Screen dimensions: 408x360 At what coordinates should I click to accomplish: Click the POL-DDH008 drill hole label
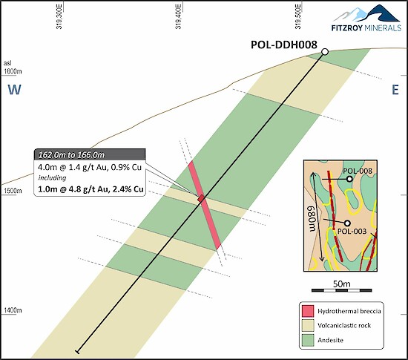pyautogui.click(x=284, y=45)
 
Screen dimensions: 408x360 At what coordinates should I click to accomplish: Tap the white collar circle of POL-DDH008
pyautogui.click(x=325, y=52)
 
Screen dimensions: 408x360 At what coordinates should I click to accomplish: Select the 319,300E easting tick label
pyautogui.click(x=59, y=16)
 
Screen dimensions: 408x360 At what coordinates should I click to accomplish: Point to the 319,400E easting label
pyautogui.click(x=178, y=16)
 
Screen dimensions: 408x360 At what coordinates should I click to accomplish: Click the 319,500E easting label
pyautogui.click(x=297, y=16)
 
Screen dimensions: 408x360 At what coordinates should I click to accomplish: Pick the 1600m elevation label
pyautogui.click(x=13, y=71)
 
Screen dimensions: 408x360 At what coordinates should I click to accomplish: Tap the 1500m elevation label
pyautogui.click(x=13, y=191)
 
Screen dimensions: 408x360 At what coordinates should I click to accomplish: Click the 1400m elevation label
pyautogui.click(x=13, y=310)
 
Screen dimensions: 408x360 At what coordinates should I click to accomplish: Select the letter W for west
pyautogui.click(x=14, y=90)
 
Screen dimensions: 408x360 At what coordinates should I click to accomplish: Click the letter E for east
pyautogui.click(x=395, y=90)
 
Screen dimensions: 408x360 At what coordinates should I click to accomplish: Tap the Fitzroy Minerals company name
pyautogui.click(x=366, y=27)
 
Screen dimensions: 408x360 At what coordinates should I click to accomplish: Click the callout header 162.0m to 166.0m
pyautogui.click(x=71, y=155)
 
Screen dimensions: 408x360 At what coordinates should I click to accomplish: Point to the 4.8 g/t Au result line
pyautogui.click(x=91, y=189)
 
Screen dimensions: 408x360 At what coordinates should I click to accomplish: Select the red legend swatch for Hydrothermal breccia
pyautogui.click(x=308, y=311)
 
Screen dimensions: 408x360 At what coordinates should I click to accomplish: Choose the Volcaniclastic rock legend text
pyautogui.click(x=344, y=325)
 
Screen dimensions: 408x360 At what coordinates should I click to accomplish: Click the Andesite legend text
pyautogui.click(x=330, y=340)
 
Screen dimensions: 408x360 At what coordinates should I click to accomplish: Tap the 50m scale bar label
pyautogui.click(x=342, y=284)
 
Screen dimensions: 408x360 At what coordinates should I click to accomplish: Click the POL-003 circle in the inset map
pyautogui.click(x=347, y=223)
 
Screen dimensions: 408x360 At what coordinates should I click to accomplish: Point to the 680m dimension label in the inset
pyautogui.click(x=312, y=218)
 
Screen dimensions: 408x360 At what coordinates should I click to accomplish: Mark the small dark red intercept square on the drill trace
pyautogui.click(x=201, y=198)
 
